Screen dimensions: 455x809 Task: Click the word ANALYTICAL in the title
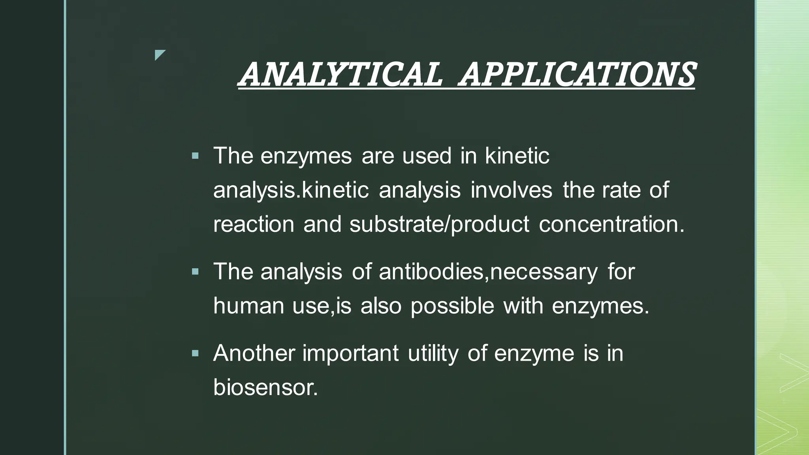[x=341, y=75]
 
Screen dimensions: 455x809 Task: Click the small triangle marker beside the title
[x=159, y=55]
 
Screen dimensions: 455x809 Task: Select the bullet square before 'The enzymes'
[x=195, y=156]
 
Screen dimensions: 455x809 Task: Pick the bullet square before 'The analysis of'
[x=195, y=272]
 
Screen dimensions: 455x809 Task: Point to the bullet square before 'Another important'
[x=195, y=353]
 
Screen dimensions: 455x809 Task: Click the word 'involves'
[x=511, y=190]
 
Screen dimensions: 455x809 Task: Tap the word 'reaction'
[x=254, y=224]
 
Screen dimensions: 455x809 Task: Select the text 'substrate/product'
[x=439, y=224]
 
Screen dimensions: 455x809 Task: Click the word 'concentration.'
[x=611, y=224]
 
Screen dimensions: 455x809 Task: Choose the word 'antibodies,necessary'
[x=488, y=272]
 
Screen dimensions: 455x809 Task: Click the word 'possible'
[x=452, y=306]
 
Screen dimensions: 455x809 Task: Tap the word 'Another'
[x=254, y=353]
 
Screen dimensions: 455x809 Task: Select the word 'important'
[x=350, y=353]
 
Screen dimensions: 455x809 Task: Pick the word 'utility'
[x=433, y=353]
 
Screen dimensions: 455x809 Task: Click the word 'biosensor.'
[x=265, y=387]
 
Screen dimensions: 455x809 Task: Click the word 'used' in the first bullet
[x=427, y=156]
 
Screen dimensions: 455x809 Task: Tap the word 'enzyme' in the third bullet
[x=534, y=353]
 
